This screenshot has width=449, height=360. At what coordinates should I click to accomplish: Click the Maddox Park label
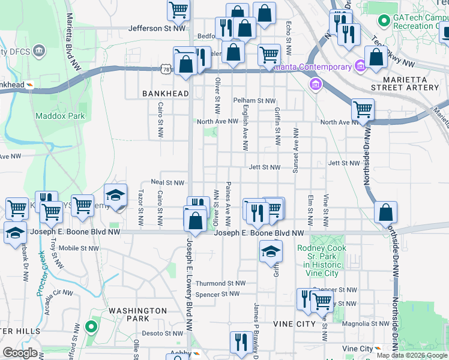[60, 116]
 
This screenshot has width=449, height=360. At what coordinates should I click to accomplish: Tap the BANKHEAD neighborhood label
[165, 94]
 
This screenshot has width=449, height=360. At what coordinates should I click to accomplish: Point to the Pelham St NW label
[255, 101]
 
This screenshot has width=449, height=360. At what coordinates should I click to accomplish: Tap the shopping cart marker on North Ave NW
[363, 110]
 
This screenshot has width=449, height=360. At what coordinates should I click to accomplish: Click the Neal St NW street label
[167, 182]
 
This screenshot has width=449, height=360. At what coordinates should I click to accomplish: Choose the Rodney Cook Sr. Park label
[322, 256]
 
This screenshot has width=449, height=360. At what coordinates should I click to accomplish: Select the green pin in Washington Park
[91, 327]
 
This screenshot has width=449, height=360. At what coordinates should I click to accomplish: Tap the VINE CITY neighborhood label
[294, 324]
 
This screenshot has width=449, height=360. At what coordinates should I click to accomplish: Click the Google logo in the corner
[20, 353]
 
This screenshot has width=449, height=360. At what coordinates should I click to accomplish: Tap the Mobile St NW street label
[79, 248]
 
